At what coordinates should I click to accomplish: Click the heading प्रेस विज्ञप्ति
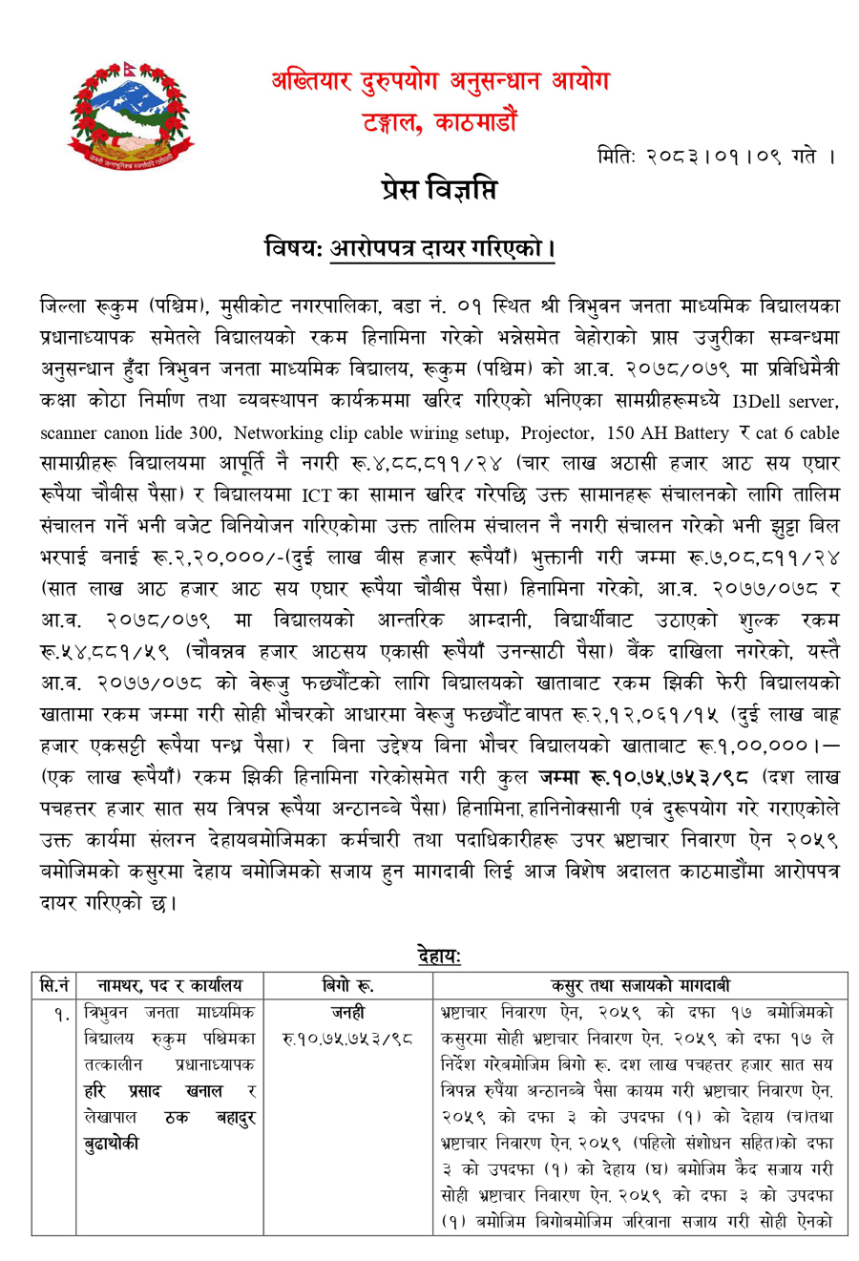point(437,189)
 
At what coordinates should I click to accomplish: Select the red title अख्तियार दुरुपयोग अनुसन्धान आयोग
point(440,83)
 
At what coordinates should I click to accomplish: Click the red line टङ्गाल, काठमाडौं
point(440,121)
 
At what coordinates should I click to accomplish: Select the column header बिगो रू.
point(347,984)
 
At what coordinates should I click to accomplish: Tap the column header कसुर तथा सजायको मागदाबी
point(640,984)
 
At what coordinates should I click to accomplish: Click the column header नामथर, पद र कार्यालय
point(170,984)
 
